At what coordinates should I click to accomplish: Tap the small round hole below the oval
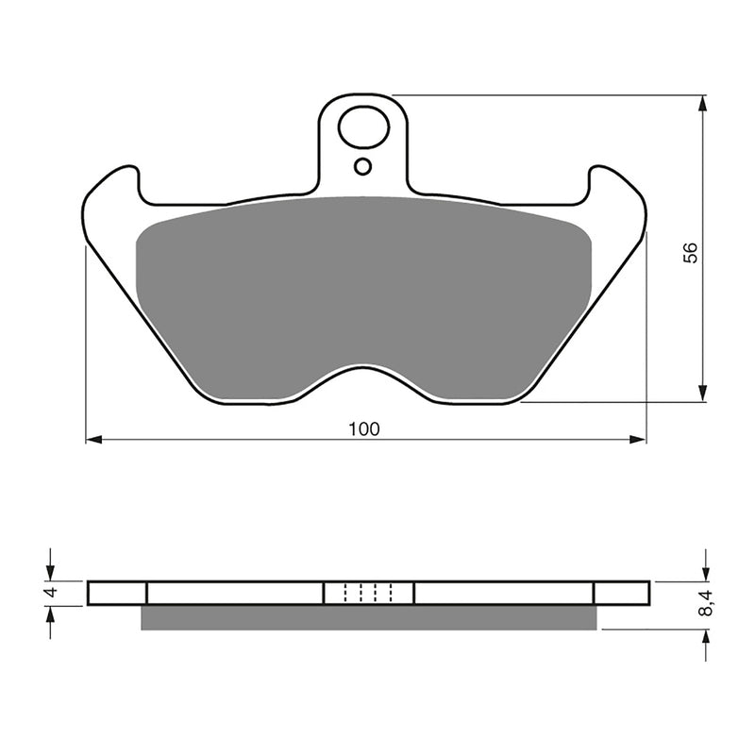(363, 167)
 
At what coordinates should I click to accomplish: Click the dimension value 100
(363, 429)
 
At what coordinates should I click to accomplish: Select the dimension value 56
(691, 252)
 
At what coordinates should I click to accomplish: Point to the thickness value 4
(53, 593)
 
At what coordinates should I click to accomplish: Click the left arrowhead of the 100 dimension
(93, 440)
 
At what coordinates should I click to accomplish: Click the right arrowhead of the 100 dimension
(639, 440)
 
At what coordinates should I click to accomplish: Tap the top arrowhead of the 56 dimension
(703, 103)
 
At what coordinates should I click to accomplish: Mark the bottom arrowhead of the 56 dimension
(703, 394)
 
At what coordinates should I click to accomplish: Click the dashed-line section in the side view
(368, 593)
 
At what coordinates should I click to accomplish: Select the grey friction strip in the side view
(368, 617)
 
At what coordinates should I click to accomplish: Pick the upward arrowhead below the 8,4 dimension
(704, 637)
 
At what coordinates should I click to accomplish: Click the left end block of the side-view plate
(117, 593)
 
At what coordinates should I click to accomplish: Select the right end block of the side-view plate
(621, 593)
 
